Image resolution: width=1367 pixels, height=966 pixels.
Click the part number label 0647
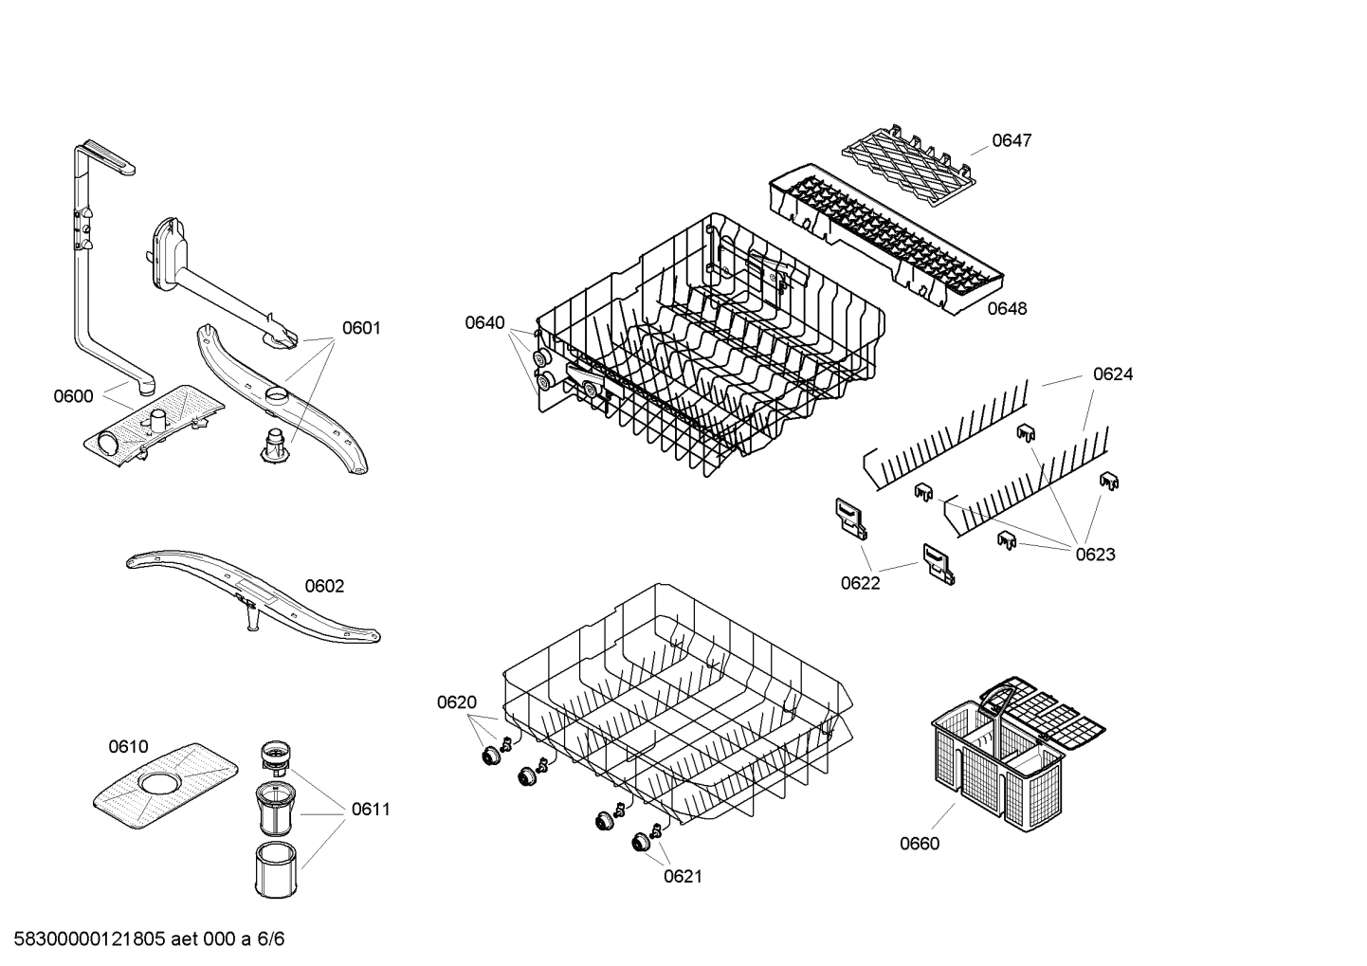click(1012, 140)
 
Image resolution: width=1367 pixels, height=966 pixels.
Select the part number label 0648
click(1007, 308)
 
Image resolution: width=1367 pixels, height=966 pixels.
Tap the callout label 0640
click(484, 322)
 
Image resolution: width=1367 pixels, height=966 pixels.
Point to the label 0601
click(361, 328)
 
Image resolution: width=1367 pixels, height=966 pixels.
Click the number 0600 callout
click(73, 396)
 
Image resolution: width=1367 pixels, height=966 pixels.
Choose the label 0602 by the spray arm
click(324, 586)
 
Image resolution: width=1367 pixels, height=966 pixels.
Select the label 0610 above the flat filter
click(128, 746)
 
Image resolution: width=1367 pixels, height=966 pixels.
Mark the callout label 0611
click(371, 809)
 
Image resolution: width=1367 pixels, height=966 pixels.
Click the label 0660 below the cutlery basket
click(920, 844)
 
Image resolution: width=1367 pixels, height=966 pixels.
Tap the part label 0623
click(1095, 555)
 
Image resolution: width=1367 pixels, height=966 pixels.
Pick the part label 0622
click(860, 583)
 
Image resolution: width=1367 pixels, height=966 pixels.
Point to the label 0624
click(1113, 374)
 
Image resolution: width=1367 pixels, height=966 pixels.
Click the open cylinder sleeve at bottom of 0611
click(276, 867)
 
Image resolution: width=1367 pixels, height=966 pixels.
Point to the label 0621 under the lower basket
click(683, 876)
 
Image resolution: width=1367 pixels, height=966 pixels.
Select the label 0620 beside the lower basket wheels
click(457, 702)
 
